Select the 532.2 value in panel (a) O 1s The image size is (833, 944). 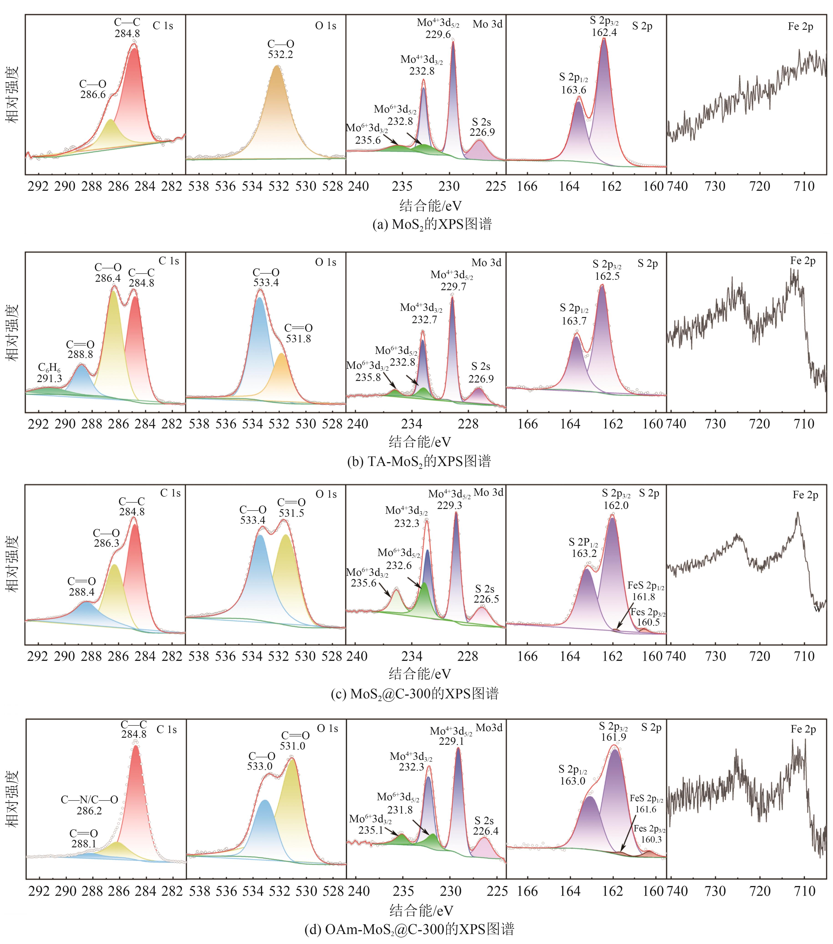coord(281,55)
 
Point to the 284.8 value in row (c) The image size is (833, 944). coord(132,512)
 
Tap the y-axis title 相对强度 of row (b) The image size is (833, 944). coord(13,332)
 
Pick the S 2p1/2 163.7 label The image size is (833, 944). coord(574,315)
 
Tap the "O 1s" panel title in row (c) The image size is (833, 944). coord(326,494)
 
